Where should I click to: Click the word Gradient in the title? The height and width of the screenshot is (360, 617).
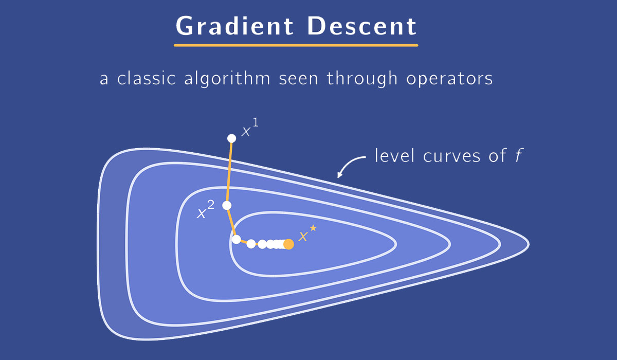tap(234, 26)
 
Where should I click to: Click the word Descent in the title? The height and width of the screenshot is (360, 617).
tap(361, 26)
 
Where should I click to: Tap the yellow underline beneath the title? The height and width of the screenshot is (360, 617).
tap(296, 45)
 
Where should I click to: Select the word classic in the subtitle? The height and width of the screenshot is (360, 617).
tap(147, 78)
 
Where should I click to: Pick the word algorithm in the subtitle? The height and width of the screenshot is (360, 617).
tap(227, 79)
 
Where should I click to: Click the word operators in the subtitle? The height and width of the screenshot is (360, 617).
tap(449, 79)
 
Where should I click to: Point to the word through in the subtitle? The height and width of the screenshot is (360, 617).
tap(362, 79)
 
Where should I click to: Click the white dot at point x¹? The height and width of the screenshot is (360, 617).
tap(232, 138)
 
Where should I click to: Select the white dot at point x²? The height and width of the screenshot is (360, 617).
tap(227, 206)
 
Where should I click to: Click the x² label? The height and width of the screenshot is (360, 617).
tap(206, 210)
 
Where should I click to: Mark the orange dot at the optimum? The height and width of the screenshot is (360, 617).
tap(288, 244)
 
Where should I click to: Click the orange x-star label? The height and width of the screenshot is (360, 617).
tap(307, 233)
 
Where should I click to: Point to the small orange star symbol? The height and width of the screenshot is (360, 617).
tap(313, 228)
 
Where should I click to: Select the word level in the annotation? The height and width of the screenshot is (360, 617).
tap(394, 156)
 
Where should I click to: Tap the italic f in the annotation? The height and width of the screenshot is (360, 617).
tap(519, 156)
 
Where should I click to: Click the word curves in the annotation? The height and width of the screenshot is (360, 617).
tap(451, 156)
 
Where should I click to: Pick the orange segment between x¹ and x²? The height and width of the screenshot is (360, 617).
tap(229, 172)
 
